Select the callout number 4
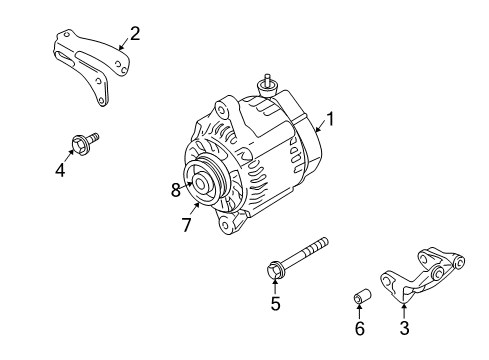[x=60, y=169]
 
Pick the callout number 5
[x=274, y=304]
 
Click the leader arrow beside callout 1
[x=319, y=126]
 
